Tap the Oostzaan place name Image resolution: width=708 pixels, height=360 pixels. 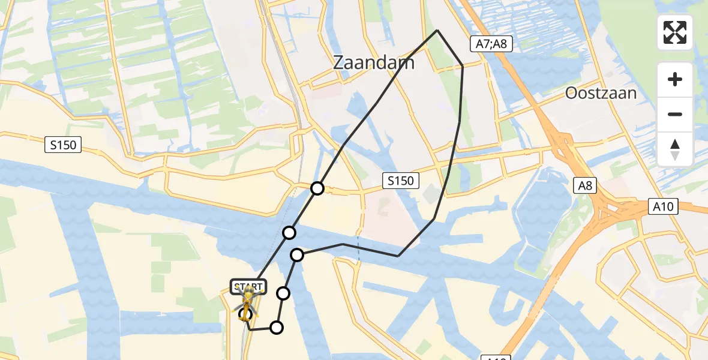tap(601, 93)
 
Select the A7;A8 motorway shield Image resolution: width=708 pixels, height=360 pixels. tap(491, 43)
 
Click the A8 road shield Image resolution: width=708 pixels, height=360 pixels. tap(585, 186)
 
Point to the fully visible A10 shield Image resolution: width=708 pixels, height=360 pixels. tap(665, 207)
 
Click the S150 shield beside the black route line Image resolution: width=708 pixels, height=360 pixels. tap(400, 180)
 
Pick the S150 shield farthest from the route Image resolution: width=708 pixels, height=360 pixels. tap(62, 145)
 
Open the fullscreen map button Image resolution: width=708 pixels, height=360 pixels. tap(675, 32)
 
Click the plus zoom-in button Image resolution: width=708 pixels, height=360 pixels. tap(675, 79)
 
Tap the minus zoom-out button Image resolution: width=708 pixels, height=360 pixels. tap(675, 114)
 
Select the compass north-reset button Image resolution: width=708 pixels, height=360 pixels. tap(675, 149)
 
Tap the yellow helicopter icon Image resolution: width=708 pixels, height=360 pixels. tap(247, 302)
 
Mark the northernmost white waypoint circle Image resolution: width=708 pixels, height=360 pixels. tap(317, 188)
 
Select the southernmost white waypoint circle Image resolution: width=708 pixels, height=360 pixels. tap(277, 327)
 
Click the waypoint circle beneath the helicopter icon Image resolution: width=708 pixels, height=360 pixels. tap(245, 314)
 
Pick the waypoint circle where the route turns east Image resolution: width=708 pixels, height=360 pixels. tap(297, 256)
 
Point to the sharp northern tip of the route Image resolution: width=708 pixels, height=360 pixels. tap(437, 30)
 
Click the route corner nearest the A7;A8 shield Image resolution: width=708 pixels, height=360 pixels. tap(463, 65)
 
